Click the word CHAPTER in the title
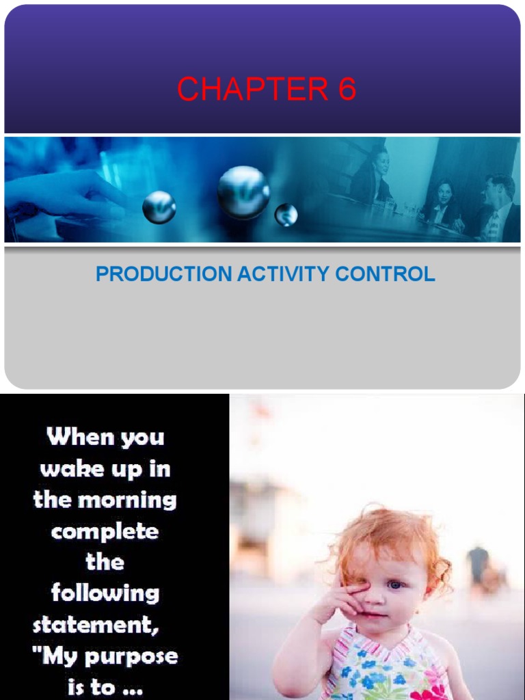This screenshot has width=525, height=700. [x=252, y=90]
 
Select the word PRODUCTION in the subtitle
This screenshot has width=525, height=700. [x=163, y=274]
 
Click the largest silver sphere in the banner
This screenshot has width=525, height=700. [x=243, y=192]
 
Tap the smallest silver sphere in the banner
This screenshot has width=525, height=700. [x=286, y=215]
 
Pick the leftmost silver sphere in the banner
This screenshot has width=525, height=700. [x=159, y=207]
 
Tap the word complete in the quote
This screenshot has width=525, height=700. [x=105, y=531]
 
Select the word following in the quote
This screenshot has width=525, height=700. [x=105, y=592]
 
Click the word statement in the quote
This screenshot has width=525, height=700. [x=96, y=624]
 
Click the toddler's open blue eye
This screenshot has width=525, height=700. [x=396, y=585]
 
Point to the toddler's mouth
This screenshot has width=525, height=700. [x=375, y=614]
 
